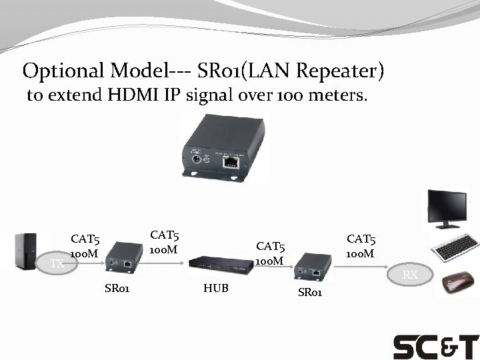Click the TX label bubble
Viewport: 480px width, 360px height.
tap(57, 263)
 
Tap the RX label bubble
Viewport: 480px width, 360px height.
tap(411, 275)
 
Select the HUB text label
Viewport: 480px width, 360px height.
tap(215, 288)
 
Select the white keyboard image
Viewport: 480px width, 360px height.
tap(455, 248)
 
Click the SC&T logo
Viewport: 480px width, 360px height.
tap(435, 347)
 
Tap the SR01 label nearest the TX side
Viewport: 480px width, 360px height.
tap(117, 289)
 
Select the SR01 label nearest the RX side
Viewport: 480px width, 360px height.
tap(311, 293)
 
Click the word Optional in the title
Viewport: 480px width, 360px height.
tap(62, 70)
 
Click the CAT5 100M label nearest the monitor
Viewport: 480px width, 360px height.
tap(360, 246)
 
